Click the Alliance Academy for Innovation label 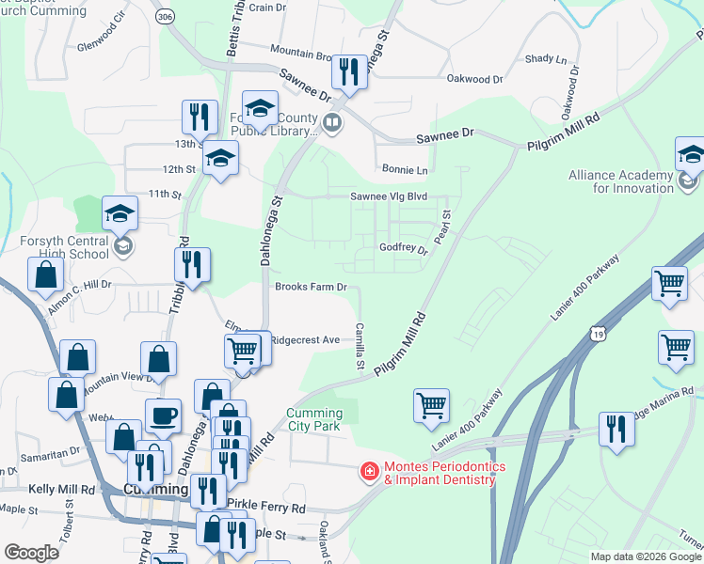coord(620,181)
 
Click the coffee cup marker coord(163,415)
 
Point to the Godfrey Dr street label coord(403,248)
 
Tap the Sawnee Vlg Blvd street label coord(389,196)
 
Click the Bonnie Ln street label coord(405,170)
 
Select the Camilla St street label coord(360,344)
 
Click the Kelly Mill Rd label coord(61,490)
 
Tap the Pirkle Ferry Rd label coord(271,508)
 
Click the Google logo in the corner coord(31,553)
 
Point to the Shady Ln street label coord(546,58)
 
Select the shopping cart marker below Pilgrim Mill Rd coord(431,406)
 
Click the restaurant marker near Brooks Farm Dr coord(192,266)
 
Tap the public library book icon coord(331,122)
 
